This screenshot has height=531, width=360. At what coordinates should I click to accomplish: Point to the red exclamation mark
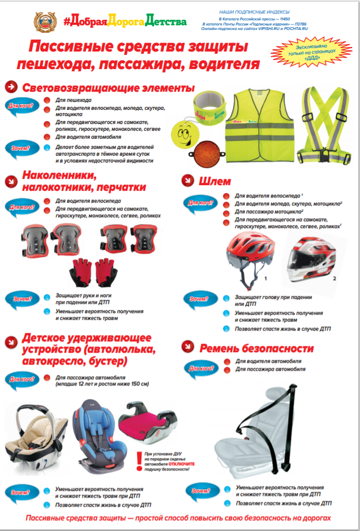139,460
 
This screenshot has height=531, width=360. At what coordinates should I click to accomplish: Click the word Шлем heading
216,182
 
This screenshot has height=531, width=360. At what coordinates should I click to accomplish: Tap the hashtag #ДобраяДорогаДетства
124,22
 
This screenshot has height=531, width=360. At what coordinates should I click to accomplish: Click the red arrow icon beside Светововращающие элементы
11,87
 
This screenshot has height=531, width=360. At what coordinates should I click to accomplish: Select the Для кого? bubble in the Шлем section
200,202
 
